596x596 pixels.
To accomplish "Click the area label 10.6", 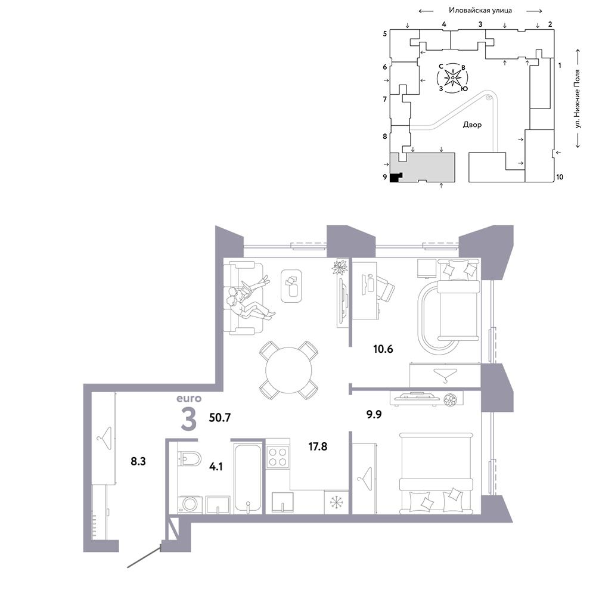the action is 383,349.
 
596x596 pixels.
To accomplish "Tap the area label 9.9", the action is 374,414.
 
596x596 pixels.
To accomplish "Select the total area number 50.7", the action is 220,418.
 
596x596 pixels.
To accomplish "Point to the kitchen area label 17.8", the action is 318,446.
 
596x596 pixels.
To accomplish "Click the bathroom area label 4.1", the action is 216,467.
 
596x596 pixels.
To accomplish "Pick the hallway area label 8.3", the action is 138,461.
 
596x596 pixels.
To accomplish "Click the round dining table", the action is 289,370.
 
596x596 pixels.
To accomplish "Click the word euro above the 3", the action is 189,398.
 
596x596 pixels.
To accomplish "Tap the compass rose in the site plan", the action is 453,78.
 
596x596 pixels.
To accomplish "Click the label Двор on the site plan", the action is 472,125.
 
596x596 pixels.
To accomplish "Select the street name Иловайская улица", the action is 480,11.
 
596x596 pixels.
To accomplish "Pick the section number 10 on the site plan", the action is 560,177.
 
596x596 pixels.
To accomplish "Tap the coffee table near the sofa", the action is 291,286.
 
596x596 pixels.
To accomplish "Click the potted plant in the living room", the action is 340,266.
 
